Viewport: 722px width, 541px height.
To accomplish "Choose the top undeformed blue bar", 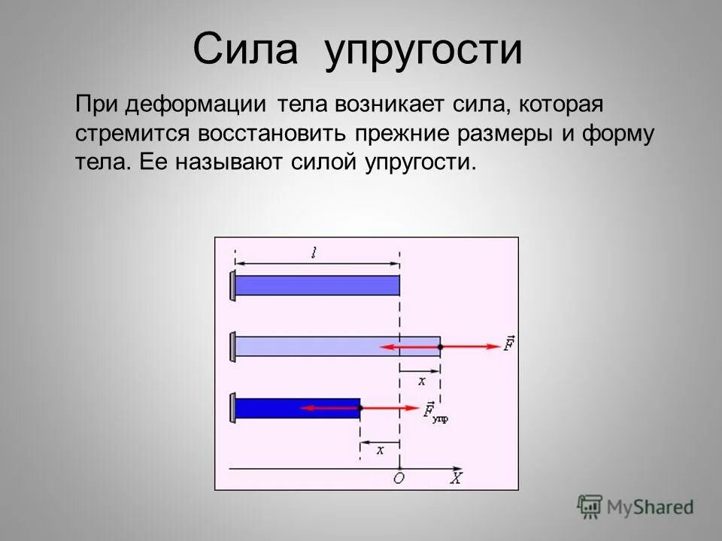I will [x=317, y=286].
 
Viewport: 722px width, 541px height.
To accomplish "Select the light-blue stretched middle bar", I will [x=338, y=346].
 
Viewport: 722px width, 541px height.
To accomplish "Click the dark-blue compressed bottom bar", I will [x=298, y=408].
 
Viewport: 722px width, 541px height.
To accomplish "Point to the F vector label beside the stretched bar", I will [x=509, y=346].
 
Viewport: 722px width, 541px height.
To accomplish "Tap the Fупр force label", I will [x=435, y=412].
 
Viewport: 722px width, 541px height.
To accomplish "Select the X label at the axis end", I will [x=456, y=477].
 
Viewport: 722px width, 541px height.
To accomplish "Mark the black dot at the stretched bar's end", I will [x=441, y=346].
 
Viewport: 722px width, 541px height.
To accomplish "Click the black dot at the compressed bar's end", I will [x=360, y=408].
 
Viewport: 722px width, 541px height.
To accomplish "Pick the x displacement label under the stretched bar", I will [x=421, y=381].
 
